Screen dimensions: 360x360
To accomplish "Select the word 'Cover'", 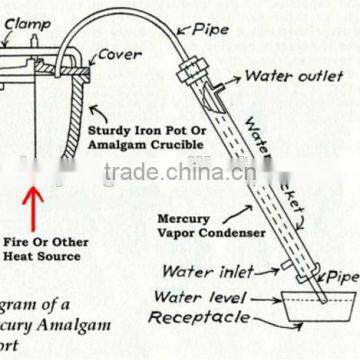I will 119,56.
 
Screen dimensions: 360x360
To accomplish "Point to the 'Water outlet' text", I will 294,76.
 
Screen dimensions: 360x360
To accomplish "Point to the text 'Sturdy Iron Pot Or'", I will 151,131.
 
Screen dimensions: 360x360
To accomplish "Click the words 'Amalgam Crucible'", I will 150,146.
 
